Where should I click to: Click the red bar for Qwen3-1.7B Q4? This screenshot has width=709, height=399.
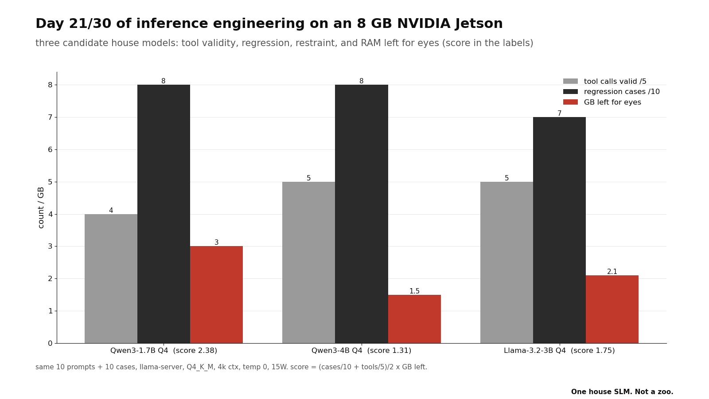click(217, 295)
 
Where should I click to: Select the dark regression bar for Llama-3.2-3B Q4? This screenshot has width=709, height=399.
click(559, 230)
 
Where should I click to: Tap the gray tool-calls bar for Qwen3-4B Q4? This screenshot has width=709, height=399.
click(308, 262)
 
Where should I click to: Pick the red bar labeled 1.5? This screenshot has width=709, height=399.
click(414, 319)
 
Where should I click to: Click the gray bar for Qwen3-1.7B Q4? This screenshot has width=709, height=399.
click(111, 279)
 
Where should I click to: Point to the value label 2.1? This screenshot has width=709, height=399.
click(612, 272)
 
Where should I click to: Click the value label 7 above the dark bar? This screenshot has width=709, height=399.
click(560, 113)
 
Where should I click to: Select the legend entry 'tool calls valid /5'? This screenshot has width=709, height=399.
click(605, 82)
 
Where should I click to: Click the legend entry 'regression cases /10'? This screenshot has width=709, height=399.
click(612, 91)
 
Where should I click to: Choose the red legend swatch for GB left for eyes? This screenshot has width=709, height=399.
click(570, 102)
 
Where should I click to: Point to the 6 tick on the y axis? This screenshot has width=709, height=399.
click(51, 149)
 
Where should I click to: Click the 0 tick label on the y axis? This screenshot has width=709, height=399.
click(51, 343)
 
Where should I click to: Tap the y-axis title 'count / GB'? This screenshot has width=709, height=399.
click(41, 207)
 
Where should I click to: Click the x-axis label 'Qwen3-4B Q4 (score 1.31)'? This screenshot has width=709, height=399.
click(362, 351)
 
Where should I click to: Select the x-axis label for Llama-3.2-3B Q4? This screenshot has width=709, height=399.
click(559, 351)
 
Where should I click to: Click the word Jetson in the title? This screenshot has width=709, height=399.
click(479, 24)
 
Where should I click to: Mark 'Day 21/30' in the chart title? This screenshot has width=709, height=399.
click(74, 24)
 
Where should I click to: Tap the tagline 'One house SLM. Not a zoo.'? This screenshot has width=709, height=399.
click(622, 392)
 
